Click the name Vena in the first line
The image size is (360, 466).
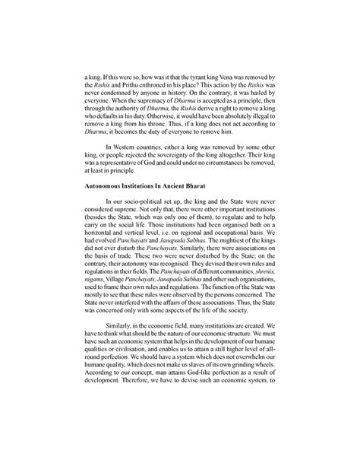[221, 78]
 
